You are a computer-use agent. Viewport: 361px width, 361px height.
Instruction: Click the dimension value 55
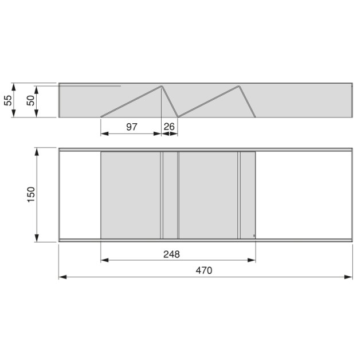point(8,100)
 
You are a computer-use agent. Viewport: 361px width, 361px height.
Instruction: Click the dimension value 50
point(31,101)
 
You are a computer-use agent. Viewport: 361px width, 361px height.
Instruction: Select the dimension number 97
point(132,127)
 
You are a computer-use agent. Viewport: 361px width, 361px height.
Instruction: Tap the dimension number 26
point(169,127)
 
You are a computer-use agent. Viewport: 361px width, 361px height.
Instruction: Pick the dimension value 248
point(171,254)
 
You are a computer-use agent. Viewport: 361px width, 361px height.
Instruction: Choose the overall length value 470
point(203,270)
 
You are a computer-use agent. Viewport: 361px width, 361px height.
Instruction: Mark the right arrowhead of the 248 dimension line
point(253,261)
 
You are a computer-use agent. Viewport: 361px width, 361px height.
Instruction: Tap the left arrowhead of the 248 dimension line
point(104,261)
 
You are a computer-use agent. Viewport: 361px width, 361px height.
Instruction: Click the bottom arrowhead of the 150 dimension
point(37,240)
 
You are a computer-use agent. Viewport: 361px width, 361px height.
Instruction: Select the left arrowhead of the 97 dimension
point(104,134)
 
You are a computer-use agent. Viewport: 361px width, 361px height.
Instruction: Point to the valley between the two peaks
point(178,116)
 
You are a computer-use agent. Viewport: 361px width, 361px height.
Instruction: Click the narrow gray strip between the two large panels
point(170,195)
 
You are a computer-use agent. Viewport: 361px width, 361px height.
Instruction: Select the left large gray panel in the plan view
point(131,195)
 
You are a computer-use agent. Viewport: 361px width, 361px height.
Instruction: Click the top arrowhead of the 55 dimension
point(14,85)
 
